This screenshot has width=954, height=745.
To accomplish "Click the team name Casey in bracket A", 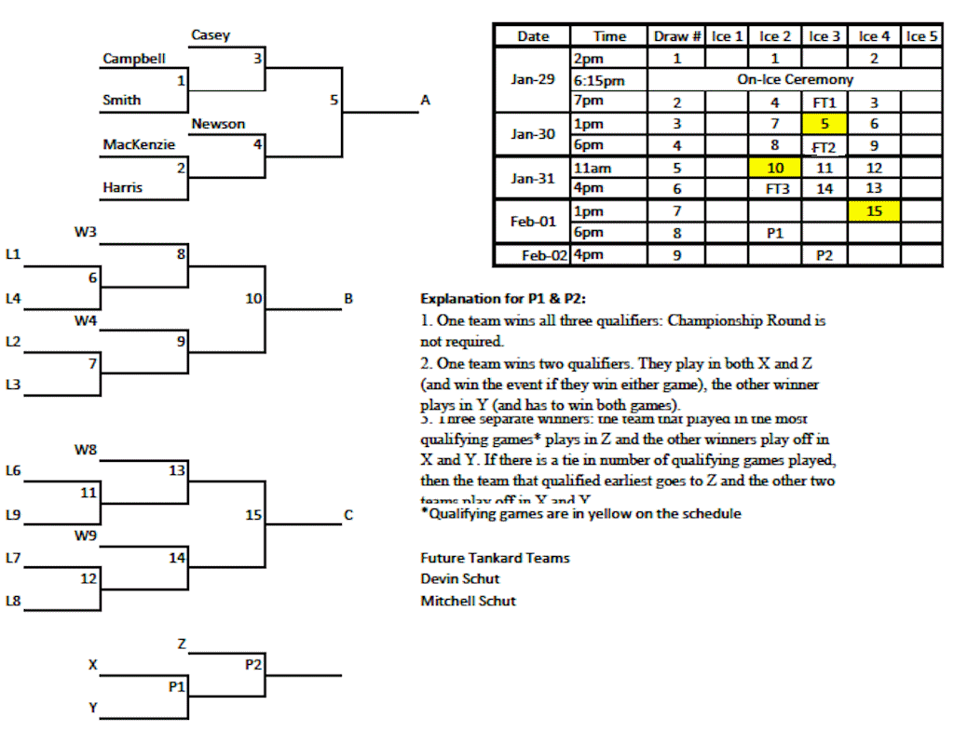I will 211,35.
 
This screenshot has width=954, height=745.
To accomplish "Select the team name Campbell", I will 134,59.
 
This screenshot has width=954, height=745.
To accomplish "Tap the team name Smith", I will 122,100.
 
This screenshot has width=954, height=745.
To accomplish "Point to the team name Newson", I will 218,124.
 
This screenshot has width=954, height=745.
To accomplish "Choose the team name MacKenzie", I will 139,144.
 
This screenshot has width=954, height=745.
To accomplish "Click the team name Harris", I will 123,187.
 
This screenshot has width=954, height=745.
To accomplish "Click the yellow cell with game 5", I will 825,123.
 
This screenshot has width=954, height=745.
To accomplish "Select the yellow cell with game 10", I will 775,168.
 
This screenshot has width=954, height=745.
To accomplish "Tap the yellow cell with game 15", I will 874,211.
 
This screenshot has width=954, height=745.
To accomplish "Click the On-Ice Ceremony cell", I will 794,80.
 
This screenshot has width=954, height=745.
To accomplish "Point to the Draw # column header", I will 676,36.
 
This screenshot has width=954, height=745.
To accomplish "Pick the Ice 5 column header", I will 921,36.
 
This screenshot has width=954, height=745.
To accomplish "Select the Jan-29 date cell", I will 533,79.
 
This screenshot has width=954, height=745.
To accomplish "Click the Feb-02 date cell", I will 544,254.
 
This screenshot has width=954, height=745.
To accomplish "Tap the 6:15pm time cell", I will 599,80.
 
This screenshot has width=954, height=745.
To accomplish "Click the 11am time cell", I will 593,168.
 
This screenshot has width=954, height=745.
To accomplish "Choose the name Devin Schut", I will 459,578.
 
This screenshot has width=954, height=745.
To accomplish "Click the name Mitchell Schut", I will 468,601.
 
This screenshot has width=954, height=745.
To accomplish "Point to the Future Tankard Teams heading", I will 495,558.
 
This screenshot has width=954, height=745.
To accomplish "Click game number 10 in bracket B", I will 253,299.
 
